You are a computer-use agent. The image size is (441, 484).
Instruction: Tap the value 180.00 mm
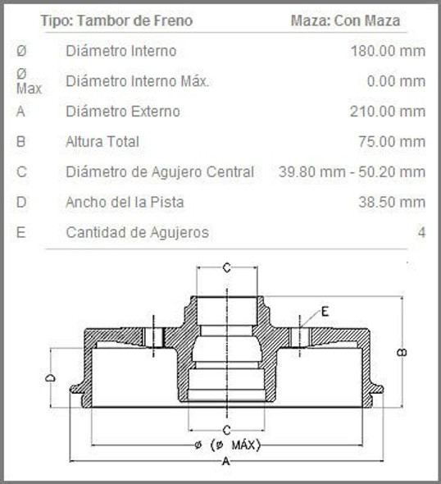tap(388, 51)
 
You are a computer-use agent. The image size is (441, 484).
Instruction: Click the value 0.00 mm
tap(397, 81)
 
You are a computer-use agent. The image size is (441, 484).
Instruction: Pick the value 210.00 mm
tap(388, 112)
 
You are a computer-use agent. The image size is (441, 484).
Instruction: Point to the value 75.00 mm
tap(392, 141)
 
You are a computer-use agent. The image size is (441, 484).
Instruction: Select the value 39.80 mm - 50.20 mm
tap(352, 171)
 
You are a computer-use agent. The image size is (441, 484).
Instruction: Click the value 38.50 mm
tap(392, 202)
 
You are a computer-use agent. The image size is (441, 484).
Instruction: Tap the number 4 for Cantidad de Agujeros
tap(421, 232)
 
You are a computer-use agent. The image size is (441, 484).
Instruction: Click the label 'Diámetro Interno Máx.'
tap(138, 81)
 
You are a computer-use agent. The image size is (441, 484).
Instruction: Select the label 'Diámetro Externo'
tap(122, 112)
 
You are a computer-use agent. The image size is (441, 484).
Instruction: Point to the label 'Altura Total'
tap(102, 141)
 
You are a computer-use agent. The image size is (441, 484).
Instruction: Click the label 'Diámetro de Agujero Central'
tap(160, 171)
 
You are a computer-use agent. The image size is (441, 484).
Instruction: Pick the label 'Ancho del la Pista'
tap(125, 202)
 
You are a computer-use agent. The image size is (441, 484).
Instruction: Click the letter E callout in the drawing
tap(325, 311)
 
